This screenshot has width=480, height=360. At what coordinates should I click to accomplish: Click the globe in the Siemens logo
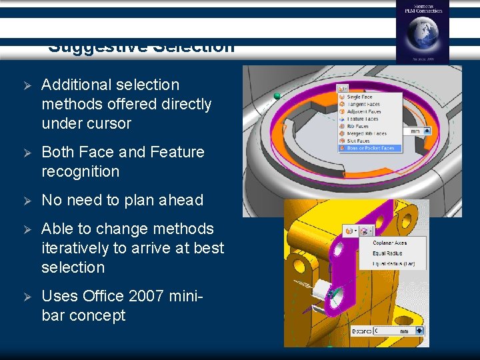(x=422, y=34)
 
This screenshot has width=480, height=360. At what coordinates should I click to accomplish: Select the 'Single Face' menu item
(x=359, y=97)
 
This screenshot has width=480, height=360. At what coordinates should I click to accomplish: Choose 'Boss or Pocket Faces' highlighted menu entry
(x=370, y=148)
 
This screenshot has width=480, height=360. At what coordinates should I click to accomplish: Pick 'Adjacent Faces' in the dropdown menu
(x=363, y=111)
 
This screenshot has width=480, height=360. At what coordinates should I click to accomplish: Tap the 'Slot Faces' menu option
(x=358, y=141)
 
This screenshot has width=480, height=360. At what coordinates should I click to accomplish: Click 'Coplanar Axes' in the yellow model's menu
(x=391, y=243)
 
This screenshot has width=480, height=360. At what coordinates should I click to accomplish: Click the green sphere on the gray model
(x=277, y=97)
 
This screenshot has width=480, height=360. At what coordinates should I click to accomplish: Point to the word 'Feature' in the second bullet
(x=177, y=152)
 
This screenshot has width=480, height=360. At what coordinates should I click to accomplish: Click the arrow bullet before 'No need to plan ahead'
(x=27, y=200)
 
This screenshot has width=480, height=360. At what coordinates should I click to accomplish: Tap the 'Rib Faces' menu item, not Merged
(x=357, y=126)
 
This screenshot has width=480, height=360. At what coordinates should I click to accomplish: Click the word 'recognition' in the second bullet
(x=80, y=171)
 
